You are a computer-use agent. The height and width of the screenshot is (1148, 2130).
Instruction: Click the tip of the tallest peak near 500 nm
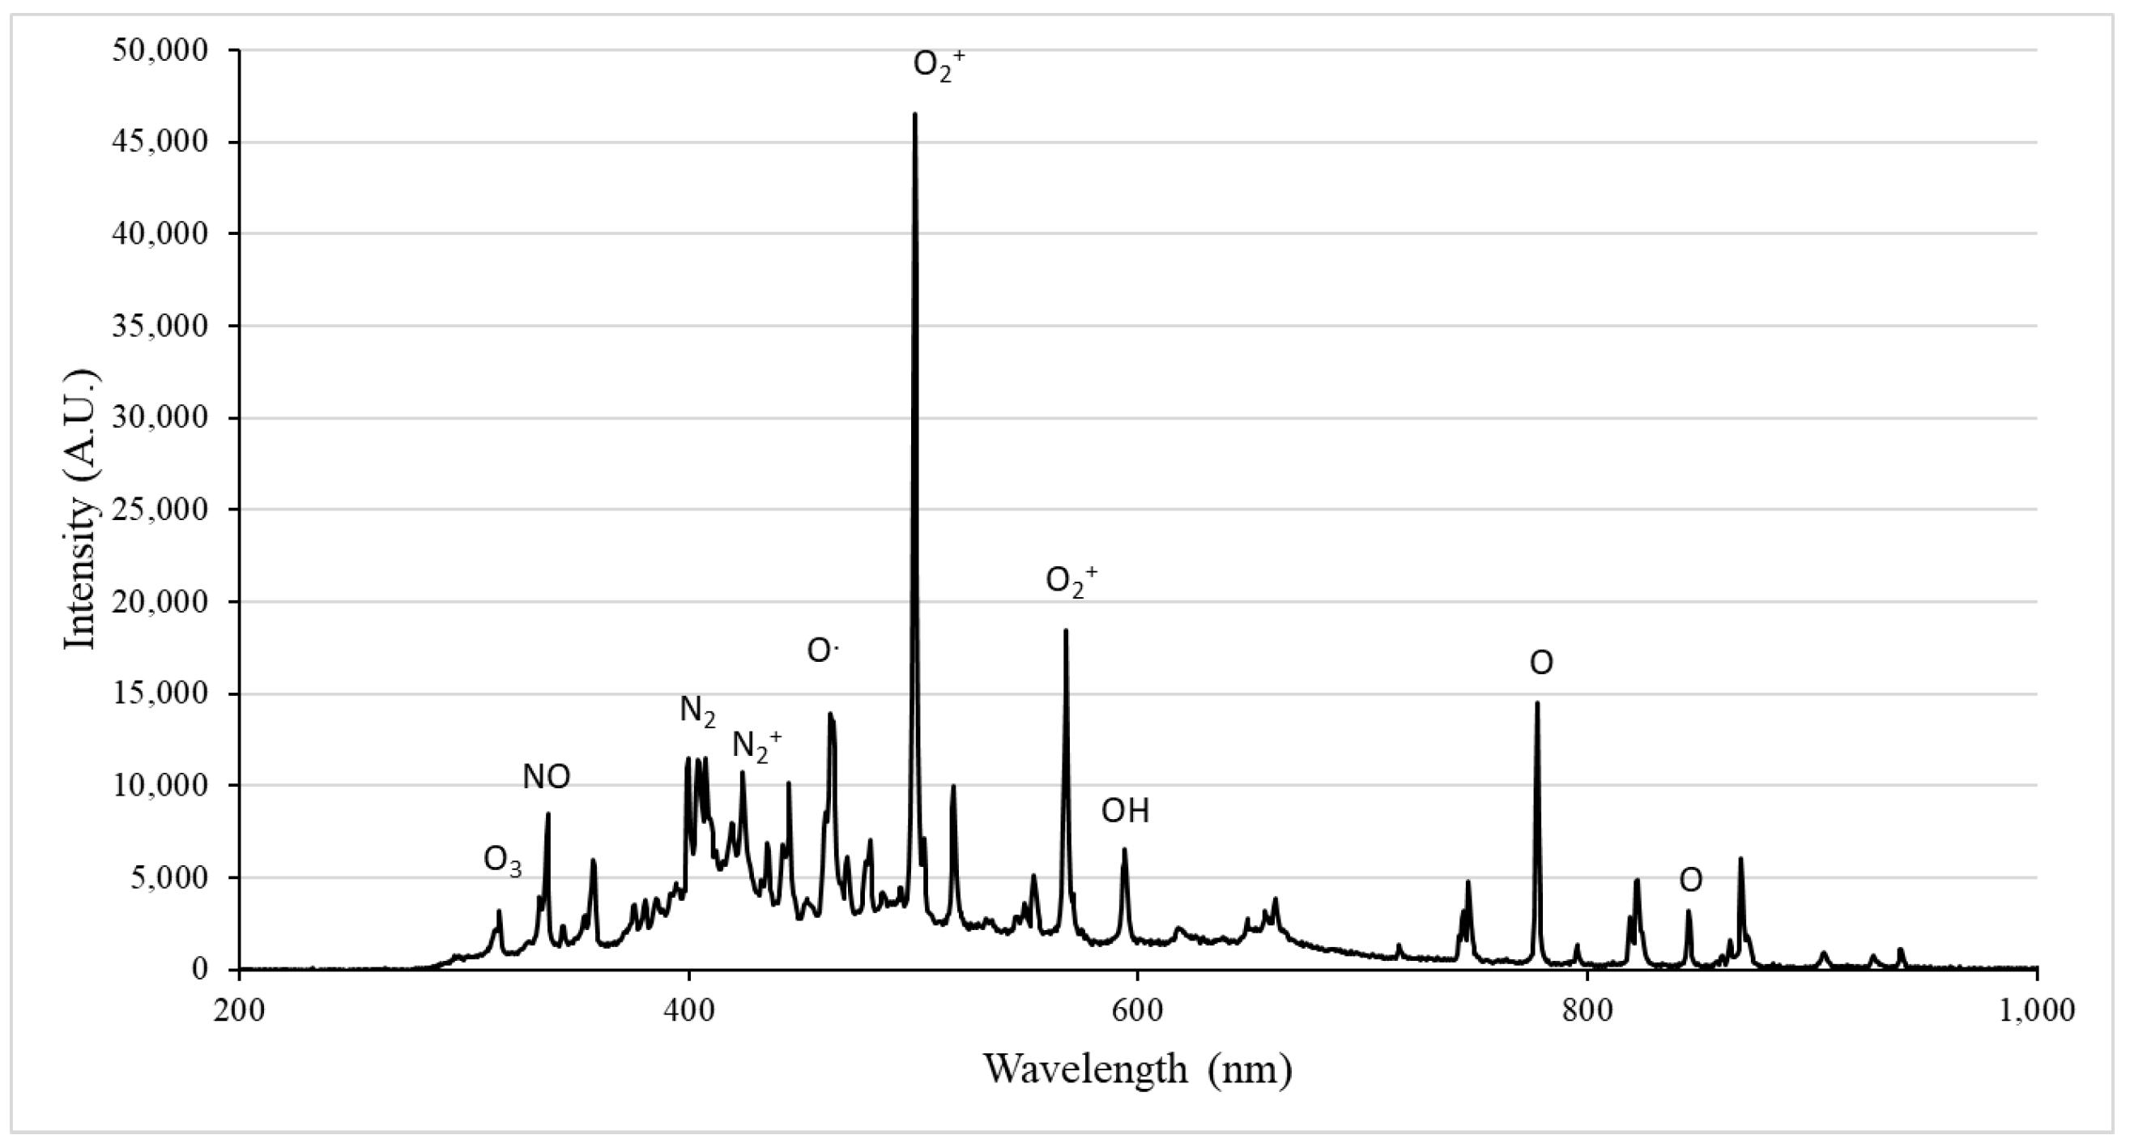(x=914, y=115)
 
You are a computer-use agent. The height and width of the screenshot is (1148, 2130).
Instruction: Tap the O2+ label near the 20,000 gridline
(x=1071, y=581)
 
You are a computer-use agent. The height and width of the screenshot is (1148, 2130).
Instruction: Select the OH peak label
(x=1125, y=811)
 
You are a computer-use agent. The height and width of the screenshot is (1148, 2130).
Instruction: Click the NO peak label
(x=546, y=777)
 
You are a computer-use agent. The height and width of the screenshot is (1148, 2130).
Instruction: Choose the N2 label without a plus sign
(x=697, y=711)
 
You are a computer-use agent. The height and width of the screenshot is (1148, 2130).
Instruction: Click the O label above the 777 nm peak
(x=1540, y=663)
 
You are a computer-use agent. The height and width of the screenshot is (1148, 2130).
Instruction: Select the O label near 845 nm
(x=1690, y=881)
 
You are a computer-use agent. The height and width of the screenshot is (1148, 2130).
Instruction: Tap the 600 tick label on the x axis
(x=1138, y=1012)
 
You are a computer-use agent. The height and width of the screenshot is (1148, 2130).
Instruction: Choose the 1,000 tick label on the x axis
(x=2036, y=1012)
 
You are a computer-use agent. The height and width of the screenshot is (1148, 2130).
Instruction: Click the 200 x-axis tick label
(x=239, y=1012)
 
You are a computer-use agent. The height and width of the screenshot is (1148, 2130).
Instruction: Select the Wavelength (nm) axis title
(x=1137, y=1069)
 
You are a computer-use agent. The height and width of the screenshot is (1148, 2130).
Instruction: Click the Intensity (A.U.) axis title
(x=82, y=510)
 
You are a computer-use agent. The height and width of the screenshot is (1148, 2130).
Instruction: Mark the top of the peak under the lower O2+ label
(x=1066, y=631)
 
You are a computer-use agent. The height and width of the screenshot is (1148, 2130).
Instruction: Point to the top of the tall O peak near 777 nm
(x=1537, y=703)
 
